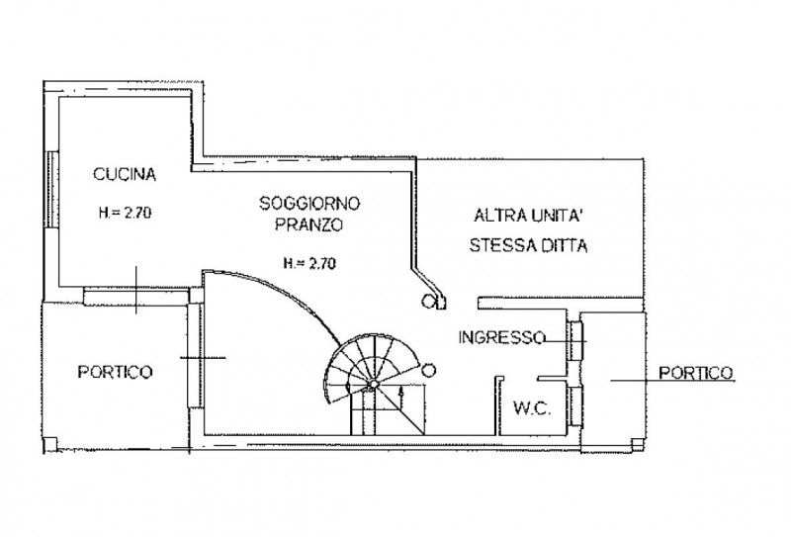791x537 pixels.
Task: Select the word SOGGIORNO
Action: pyautogui.click(x=309, y=204)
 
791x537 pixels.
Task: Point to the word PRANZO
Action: pyautogui.click(x=309, y=224)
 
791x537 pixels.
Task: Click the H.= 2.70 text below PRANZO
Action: pyautogui.click(x=309, y=264)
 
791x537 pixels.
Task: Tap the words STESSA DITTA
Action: pyautogui.click(x=529, y=247)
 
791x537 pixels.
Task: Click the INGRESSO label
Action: pyautogui.click(x=500, y=337)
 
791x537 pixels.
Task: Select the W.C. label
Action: pyautogui.click(x=530, y=407)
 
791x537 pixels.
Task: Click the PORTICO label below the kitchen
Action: pyautogui.click(x=115, y=372)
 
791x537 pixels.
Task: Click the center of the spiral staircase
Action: pyautogui.click(x=374, y=382)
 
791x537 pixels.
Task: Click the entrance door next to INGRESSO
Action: pyautogui.click(x=574, y=341)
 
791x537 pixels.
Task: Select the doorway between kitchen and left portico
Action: pyautogui.click(x=134, y=295)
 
